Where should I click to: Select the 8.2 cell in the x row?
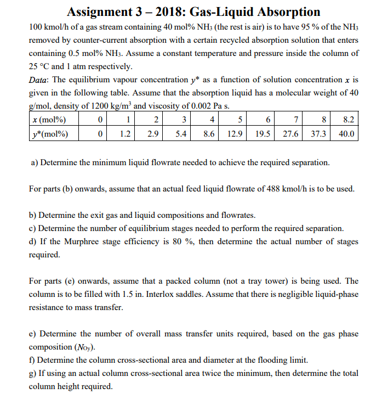tap(347, 120)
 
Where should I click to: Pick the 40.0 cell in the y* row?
tap(346, 133)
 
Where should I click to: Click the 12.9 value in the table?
tap(235, 133)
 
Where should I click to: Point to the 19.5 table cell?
tap(263, 133)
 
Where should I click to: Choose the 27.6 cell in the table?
tap(291, 133)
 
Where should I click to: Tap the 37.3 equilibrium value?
tap(318, 133)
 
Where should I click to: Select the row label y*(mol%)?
tap(51, 133)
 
